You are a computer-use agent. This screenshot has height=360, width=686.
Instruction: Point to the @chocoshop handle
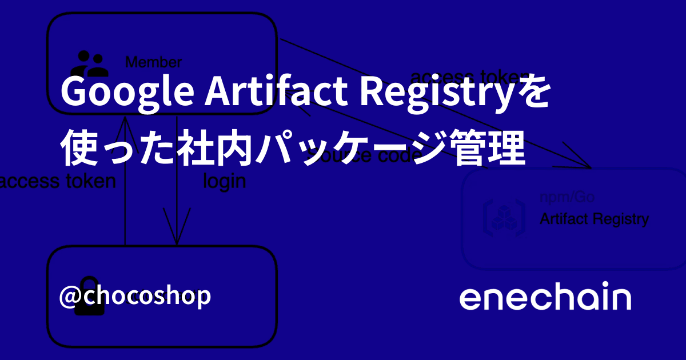coord(135,296)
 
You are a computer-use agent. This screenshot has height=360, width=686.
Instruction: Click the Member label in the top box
coord(153,62)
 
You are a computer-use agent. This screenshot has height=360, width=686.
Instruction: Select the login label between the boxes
coord(225,181)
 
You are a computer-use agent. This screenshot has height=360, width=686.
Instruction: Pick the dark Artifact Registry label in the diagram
coord(594,219)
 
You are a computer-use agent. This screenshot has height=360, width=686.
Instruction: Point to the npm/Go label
coord(567,198)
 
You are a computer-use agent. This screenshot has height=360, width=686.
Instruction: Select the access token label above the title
coord(469,77)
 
